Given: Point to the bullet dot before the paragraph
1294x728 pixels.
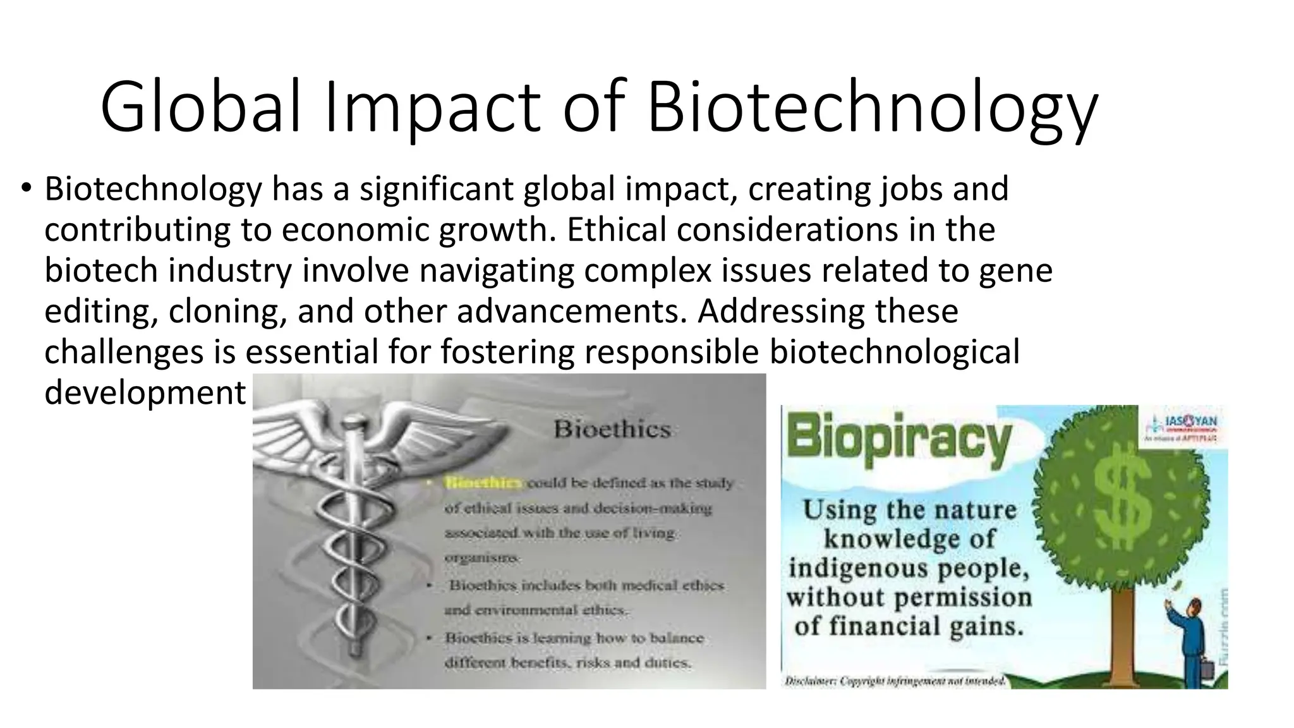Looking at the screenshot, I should (25, 188).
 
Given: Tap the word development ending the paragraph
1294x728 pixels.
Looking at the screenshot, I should (145, 392).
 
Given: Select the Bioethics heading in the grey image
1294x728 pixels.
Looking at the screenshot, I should (612, 430).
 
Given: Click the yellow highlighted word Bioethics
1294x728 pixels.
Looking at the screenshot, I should (483, 483).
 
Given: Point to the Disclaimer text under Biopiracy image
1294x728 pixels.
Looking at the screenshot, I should (895, 681).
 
